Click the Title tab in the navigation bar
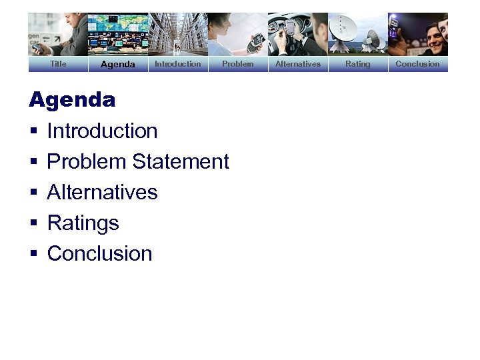58,64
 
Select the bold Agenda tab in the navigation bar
118,65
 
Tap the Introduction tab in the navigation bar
177,64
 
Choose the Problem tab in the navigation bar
237,64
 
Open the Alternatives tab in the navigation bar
297,64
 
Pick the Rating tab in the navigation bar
357,64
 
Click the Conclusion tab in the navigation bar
417,64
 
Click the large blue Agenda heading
72,101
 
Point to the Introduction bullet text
102,131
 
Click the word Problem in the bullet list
87,161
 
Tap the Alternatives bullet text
102,192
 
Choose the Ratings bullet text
83,223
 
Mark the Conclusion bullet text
99,253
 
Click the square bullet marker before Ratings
33,223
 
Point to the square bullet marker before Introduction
33,131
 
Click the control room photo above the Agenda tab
118,34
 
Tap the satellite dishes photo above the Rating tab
357,34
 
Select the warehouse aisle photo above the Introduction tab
177,34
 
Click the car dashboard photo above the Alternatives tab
297,34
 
